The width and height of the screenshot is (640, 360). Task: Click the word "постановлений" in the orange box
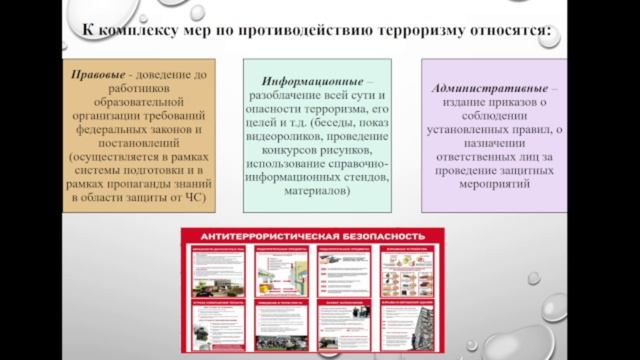pos(131,145)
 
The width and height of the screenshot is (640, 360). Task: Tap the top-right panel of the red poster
pos(408,270)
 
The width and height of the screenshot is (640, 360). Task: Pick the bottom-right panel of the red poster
pos(408,326)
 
